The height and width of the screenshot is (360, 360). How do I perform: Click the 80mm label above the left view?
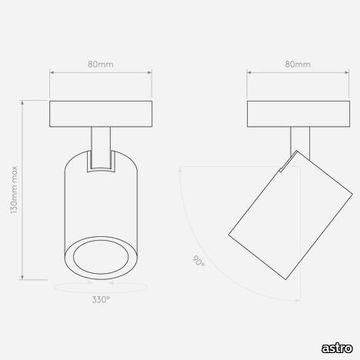(100, 64)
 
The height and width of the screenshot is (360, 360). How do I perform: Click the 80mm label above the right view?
(298, 64)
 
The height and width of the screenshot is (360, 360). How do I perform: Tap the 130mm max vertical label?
(14, 190)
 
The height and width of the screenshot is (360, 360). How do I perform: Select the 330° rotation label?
(101, 299)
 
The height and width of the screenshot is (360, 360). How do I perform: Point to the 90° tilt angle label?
(198, 260)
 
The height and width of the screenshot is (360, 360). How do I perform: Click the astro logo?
(337, 348)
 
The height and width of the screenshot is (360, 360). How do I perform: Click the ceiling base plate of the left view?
(101, 114)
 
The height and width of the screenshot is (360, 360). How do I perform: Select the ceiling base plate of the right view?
(298, 114)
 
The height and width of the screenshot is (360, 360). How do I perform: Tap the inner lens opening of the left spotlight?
(101, 257)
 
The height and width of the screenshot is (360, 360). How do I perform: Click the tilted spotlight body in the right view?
(290, 215)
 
